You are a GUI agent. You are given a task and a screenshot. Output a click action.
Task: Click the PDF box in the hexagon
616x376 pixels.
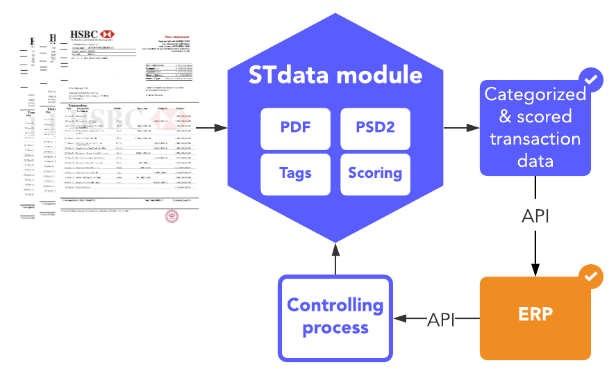(295, 128)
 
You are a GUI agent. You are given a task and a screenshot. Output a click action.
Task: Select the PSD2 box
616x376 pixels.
(375, 128)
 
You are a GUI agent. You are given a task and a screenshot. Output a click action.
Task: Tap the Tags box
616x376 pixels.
(295, 174)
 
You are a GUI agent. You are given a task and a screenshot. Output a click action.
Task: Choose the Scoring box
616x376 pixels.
(375, 174)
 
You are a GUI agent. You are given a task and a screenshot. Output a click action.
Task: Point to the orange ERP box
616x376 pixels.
(535, 318)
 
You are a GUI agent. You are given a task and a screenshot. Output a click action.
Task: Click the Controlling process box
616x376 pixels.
(335, 318)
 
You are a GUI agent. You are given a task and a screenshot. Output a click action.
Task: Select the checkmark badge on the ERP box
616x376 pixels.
(591, 276)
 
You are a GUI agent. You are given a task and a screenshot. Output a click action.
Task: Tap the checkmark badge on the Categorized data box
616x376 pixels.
(591, 80)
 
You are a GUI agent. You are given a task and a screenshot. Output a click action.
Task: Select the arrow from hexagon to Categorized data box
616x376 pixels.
(461, 128)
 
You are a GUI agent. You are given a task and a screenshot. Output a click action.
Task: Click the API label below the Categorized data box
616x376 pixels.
(535, 217)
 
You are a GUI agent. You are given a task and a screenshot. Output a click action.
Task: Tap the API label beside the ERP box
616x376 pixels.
(442, 320)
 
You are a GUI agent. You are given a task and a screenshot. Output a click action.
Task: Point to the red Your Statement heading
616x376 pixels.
(177, 36)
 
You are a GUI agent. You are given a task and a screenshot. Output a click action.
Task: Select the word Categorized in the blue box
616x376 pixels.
(535, 95)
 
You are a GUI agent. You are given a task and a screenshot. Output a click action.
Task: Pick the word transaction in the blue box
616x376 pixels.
(535, 139)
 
